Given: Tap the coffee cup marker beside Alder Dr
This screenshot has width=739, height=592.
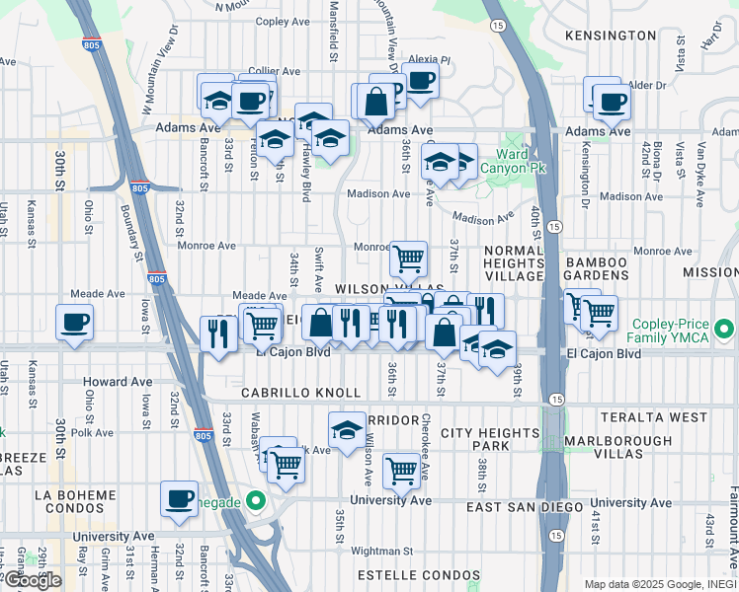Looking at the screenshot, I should coord(612,102).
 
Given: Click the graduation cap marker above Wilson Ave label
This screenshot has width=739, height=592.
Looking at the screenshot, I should coord(346,431).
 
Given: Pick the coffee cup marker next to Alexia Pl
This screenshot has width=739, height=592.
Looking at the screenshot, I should coord(421,82).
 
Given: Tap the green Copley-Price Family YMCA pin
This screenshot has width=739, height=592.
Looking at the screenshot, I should coord(726,328).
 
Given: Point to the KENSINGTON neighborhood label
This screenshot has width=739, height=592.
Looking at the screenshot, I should coord(611,36).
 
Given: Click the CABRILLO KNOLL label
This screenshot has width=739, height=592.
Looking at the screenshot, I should coord(285,393).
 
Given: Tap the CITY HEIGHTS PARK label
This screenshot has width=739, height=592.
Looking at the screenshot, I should coord(488,440).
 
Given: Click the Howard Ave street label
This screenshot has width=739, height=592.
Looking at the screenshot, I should coord(118,382).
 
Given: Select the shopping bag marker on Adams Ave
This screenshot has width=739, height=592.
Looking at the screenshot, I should coord(375,102).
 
